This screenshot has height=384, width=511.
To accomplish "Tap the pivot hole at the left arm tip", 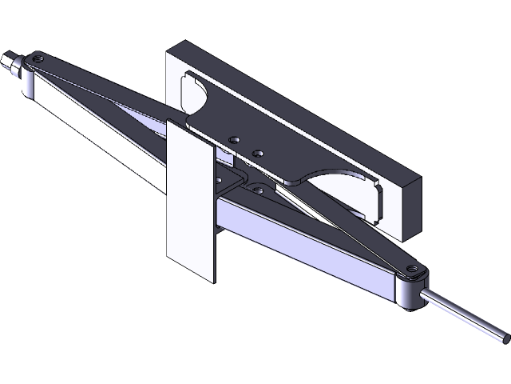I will [x=35, y=58].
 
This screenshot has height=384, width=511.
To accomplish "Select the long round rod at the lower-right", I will [x=463, y=314].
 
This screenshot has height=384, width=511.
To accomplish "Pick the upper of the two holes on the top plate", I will [x=234, y=139].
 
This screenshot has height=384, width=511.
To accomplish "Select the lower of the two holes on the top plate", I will [x=257, y=150].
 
